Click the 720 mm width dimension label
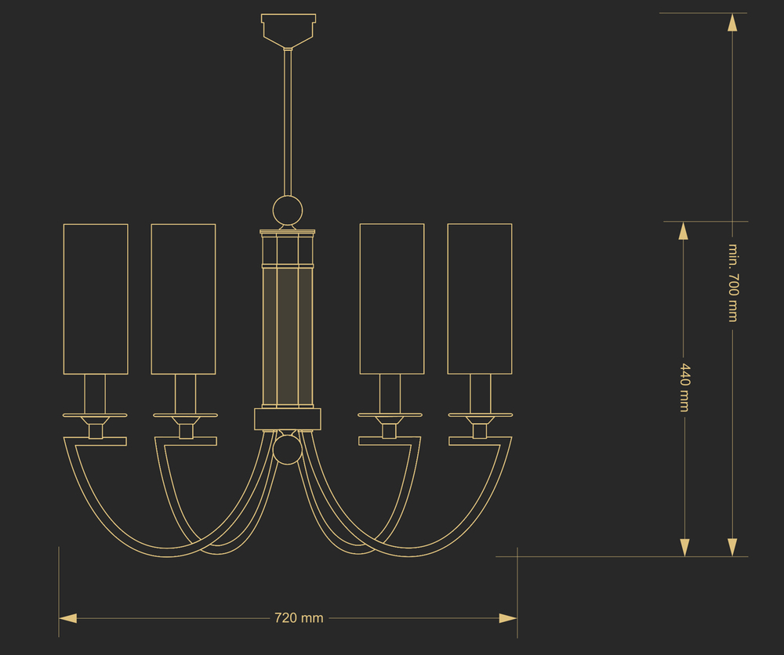pyautogui.click(x=299, y=618)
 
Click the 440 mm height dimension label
pyautogui.click(x=684, y=388)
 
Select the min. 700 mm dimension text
pyautogui.click(x=733, y=283)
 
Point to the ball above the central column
pyautogui.click(x=288, y=210)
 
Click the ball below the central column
pyautogui.click(x=288, y=449)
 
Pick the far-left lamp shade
pyautogui.click(x=96, y=299)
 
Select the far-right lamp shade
pyautogui.click(x=480, y=299)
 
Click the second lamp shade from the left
pyautogui.click(x=183, y=299)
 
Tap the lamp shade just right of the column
pyautogui.click(x=392, y=299)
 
